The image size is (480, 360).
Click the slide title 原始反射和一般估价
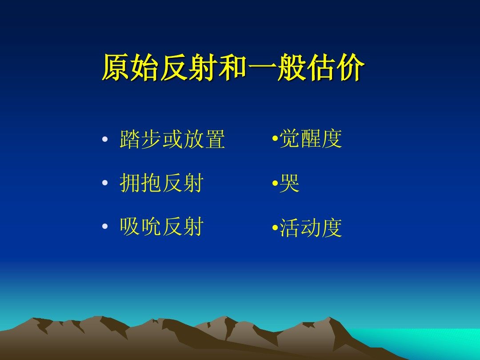(233, 68)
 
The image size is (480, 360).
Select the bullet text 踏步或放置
(172, 139)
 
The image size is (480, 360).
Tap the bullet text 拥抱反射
(162, 183)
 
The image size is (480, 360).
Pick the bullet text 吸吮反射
(162, 227)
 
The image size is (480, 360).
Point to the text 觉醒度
(311, 139)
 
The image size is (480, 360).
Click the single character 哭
(289, 183)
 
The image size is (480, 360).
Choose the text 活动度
(311, 228)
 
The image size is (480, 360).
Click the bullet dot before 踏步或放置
(105, 139)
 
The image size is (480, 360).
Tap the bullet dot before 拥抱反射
(105, 183)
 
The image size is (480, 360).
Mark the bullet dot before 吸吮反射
(105, 227)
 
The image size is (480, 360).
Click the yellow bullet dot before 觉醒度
(275, 139)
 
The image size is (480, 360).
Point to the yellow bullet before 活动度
(275, 228)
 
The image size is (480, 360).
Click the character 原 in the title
(116, 68)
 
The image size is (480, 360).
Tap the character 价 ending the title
(351, 68)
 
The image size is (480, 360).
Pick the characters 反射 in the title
(189, 68)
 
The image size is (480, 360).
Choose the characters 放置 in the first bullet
(204, 139)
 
